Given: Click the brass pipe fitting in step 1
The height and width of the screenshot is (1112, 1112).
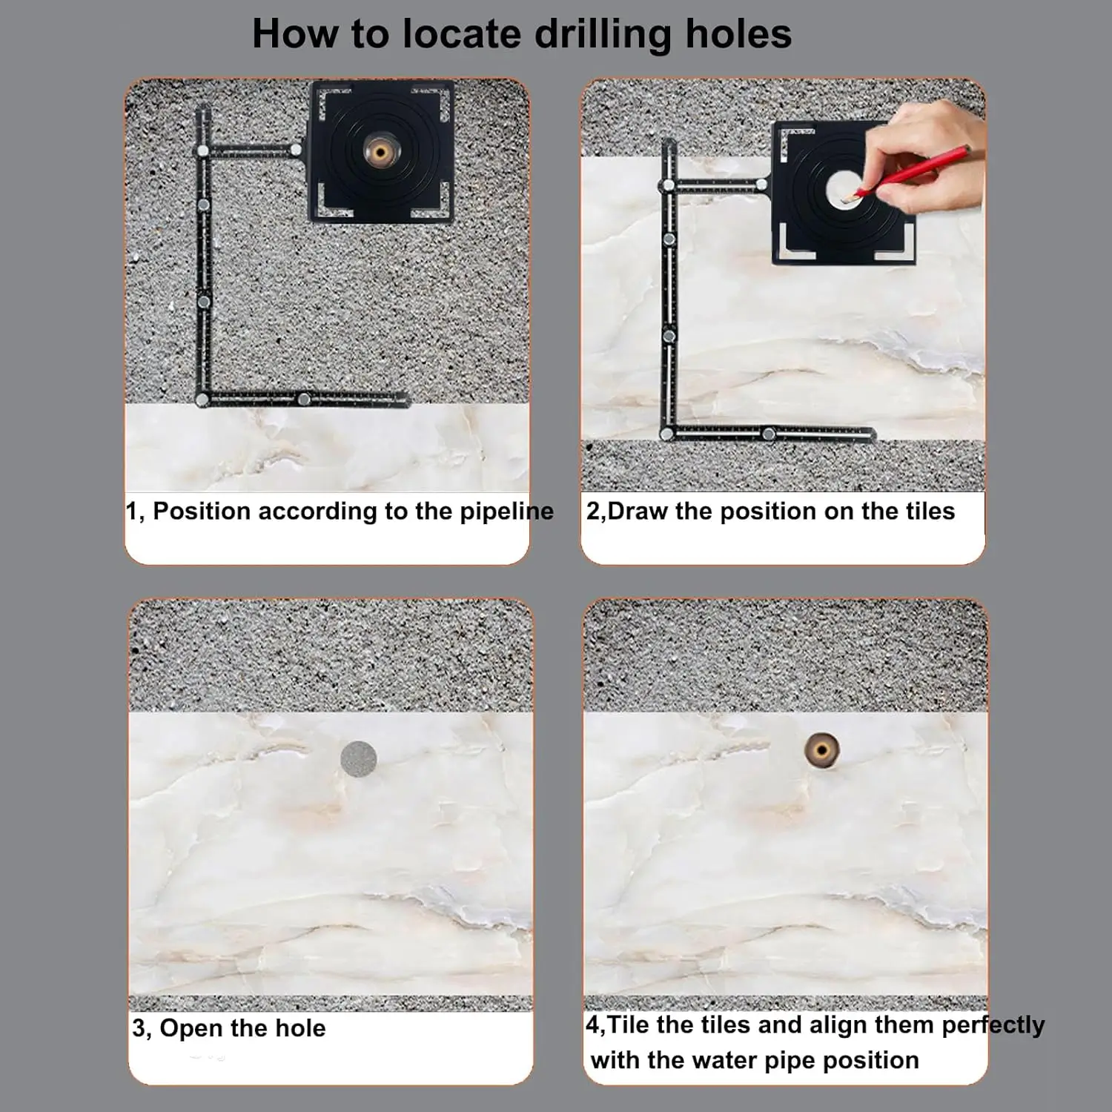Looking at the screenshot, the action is click(380, 153).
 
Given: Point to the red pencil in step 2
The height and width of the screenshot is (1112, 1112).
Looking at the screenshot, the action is click(912, 172).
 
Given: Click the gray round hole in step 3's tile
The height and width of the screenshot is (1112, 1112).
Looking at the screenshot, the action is click(359, 758).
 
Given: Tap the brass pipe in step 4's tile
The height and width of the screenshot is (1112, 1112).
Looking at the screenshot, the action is click(822, 751).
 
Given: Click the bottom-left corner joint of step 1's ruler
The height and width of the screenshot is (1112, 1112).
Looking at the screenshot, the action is click(202, 400).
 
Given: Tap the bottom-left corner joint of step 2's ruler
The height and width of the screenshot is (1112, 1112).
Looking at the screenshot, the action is click(667, 434).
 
